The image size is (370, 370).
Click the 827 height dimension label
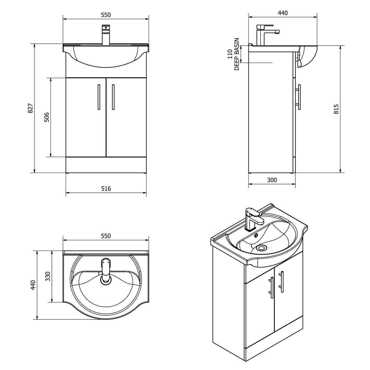pyautogui.click(x=30, y=108)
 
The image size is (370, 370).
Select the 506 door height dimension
pyautogui.click(x=47, y=117)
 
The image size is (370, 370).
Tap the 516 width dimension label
pyautogui.click(x=106, y=188)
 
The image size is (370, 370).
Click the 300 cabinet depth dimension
pyautogui.click(x=272, y=180)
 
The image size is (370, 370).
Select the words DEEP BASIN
pyautogui.click(x=237, y=54)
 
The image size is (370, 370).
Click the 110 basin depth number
pyautogui.click(x=230, y=54)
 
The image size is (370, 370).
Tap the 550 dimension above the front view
pyautogui.click(x=105, y=14)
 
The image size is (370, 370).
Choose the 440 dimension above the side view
pyautogui.click(x=282, y=13)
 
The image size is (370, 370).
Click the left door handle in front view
pyautogui.click(x=98, y=97)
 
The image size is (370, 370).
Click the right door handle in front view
pyautogui.click(x=113, y=97)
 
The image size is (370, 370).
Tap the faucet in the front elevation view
pyautogui.click(x=106, y=35)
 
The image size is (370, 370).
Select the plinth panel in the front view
pyautogui.click(x=106, y=165)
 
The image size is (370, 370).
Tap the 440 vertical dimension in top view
pyautogui.click(x=33, y=285)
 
